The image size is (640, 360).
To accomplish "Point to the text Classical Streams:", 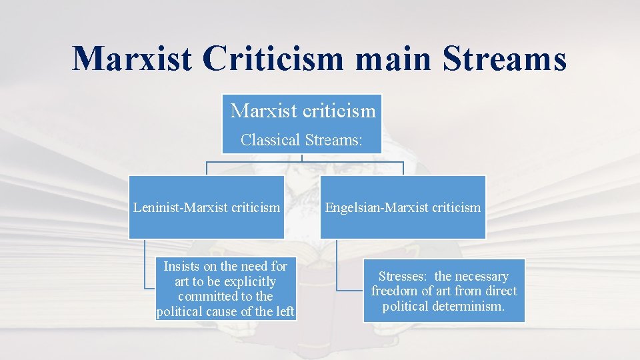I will [302, 140].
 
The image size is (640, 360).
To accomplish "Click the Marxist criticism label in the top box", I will [303, 111].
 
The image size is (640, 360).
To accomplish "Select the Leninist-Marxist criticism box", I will [207, 207].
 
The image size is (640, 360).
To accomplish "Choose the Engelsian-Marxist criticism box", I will [403, 207].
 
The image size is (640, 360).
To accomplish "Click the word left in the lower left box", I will [283, 311].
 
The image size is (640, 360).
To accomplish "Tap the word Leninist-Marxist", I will [180, 207].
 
